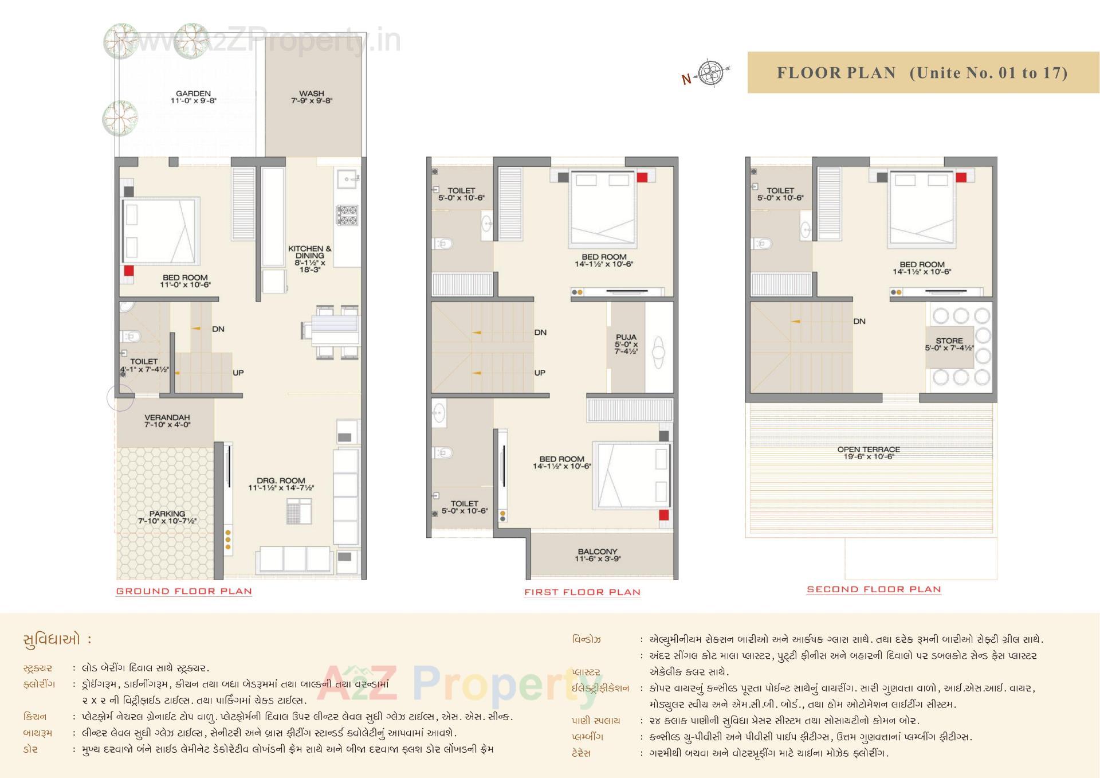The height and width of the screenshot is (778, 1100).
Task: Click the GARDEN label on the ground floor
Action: coord(193,96)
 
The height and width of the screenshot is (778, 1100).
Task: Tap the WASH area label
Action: coord(311,96)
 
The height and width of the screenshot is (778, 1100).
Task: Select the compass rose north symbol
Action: coord(711,73)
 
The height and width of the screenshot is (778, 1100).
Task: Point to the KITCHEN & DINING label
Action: coord(309,259)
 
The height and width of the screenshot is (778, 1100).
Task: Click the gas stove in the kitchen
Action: coord(347,215)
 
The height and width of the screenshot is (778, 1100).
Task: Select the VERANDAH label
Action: coord(167,421)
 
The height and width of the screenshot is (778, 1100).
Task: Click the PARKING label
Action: coord(167,517)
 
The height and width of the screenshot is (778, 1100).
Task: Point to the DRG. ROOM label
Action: coord(281,484)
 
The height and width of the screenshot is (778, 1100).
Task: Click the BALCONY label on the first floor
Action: coord(598,554)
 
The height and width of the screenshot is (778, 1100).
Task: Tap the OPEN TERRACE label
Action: coord(868,453)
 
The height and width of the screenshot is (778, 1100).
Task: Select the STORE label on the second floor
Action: coord(949,344)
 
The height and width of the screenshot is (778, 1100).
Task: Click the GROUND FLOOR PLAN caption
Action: coord(184,591)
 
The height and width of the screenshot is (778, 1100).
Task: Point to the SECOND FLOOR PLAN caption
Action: coord(874,589)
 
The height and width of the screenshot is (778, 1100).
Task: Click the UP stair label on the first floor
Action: coord(540,373)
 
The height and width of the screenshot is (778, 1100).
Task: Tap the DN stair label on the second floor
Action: coord(859,321)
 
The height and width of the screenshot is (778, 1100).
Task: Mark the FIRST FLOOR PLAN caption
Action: coord(582,592)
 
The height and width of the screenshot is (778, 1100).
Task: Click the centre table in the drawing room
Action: coord(299,511)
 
